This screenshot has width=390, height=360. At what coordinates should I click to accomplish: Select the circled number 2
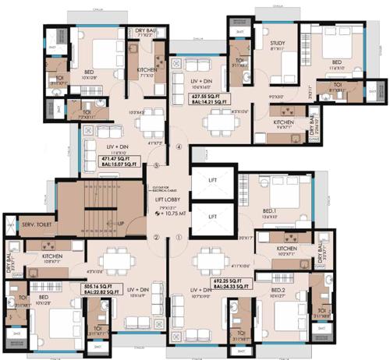(x=156, y=238)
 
